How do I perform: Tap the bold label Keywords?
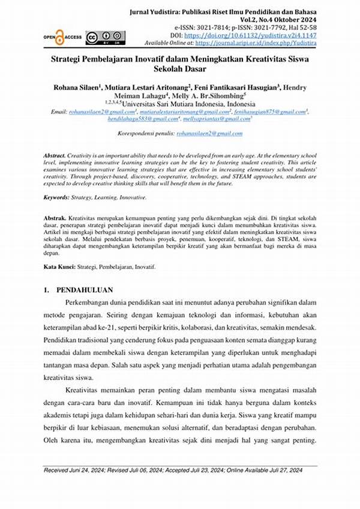[x=57, y=197]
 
